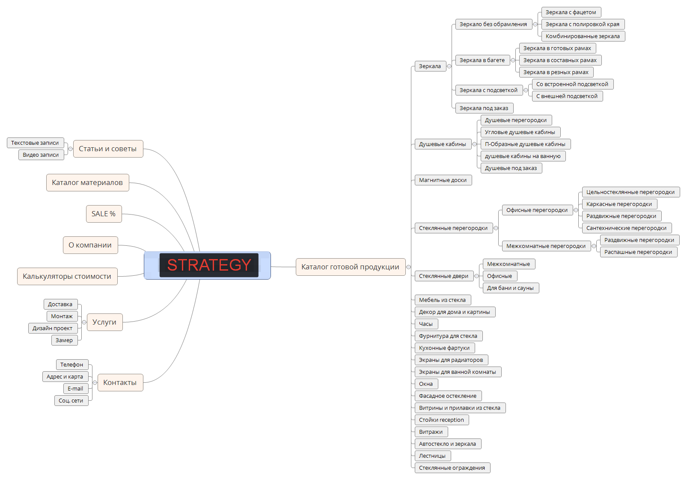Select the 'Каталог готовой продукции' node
pos(350,267)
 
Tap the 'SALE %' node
pos(104,214)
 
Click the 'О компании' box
pos(90,245)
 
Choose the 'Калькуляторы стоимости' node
pos(67,276)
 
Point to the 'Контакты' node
pos(120,382)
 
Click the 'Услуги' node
pos(104,322)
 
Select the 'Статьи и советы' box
pos(108,149)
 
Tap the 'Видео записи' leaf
pos(41,155)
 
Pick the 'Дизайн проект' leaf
pos(53,328)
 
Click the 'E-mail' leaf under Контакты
pos(75,388)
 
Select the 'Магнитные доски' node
pos(443,180)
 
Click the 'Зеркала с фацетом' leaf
pos(571,12)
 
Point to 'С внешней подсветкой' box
pos(567,96)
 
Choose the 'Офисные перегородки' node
pos(537,210)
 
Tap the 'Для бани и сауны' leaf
pos(510,288)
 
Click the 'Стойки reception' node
pos(441,420)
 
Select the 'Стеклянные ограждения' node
pos(452,468)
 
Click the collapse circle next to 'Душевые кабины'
pos(474,144)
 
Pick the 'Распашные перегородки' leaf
pos(638,252)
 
